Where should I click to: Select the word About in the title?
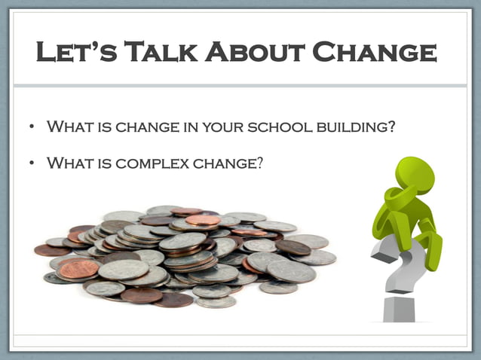point(257,53)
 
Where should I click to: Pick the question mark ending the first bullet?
point(391,127)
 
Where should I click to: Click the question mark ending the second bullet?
point(260,160)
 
